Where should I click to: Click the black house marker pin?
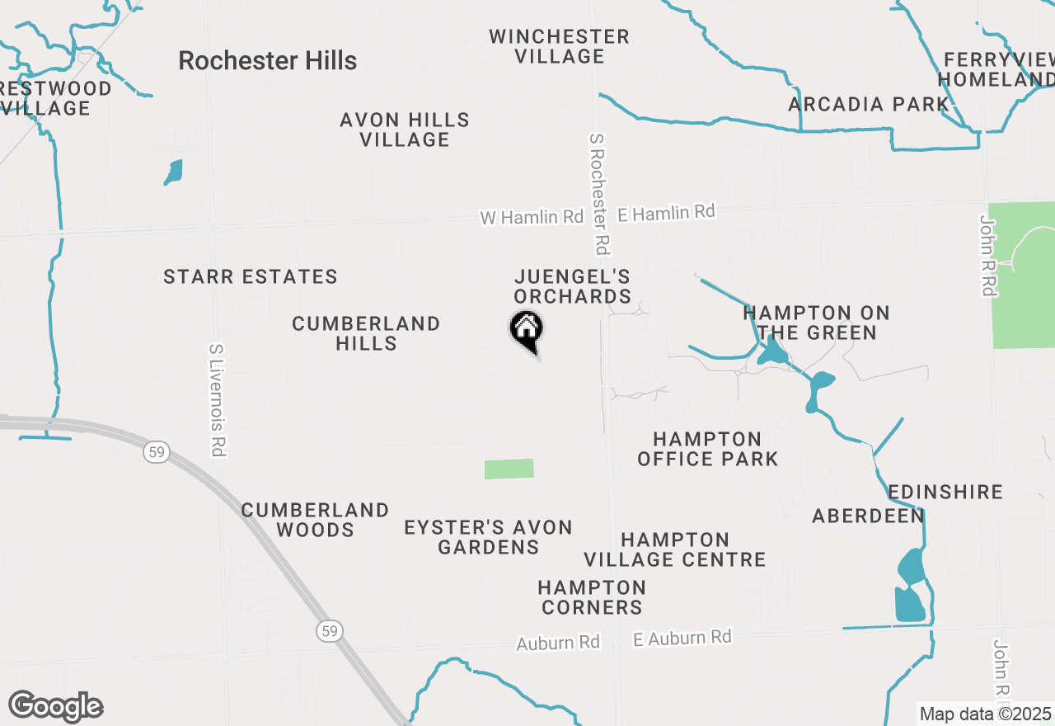(526, 330)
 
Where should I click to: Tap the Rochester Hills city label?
(268, 61)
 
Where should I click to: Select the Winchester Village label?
(559, 47)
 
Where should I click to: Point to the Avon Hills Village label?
(405, 130)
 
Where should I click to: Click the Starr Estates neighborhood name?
(251, 277)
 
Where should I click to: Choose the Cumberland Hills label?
(366, 333)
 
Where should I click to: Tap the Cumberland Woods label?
(315, 520)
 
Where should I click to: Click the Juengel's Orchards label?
(573, 286)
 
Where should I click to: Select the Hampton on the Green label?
(816, 323)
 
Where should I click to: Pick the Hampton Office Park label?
(707, 449)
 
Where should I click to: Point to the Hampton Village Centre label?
(675, 549)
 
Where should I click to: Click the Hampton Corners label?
(591, 597)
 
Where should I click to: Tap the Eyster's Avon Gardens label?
(488, 537)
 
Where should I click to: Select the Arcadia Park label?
(869, 105)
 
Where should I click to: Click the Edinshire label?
(945, 493)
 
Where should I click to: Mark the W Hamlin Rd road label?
(532, 218)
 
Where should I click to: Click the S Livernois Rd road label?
(218, 400)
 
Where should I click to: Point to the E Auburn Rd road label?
(682, 638)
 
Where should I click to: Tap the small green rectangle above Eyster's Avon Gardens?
(509, 469)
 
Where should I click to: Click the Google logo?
(55, 707)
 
